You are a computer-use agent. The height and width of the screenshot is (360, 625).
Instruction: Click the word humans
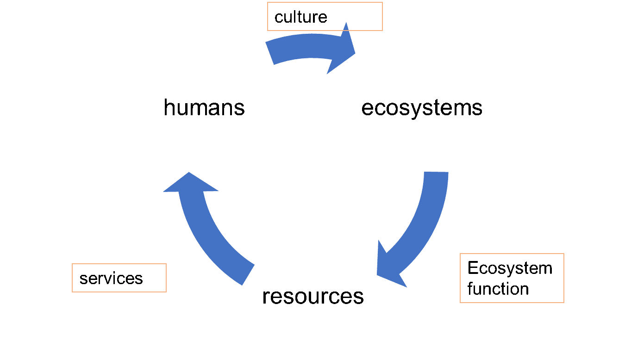(x=204, y=108)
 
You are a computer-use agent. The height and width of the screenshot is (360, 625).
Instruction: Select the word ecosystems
(x=422, y=108)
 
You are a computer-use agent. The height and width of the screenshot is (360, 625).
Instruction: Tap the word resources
(x=313, y=296)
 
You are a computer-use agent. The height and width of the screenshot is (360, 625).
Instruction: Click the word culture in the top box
(x=300, y=17)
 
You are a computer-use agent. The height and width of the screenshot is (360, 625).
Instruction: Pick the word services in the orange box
(x=111, y=278)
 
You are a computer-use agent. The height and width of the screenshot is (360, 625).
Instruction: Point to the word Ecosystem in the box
(x=510, y=268)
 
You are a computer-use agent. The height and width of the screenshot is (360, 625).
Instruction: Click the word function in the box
(x=498, y=289)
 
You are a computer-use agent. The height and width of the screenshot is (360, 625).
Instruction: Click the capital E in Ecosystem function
(x=472, y=268)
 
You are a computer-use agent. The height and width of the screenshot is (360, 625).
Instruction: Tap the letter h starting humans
(x=169, y=108)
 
